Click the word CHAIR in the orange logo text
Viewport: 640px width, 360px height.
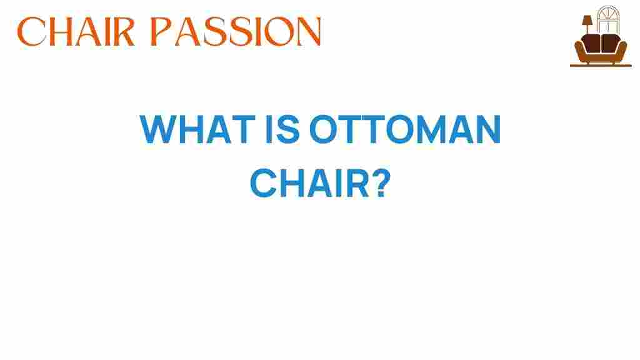[76, 31]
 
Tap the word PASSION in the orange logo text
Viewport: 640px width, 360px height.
[236, 31]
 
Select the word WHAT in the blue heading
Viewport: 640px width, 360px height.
[197, 129]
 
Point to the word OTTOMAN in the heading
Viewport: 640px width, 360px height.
[405, 129]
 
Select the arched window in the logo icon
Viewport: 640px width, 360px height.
[608, 20]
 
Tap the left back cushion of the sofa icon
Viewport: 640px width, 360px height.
[591, 43]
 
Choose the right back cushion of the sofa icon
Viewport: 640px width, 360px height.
[611, 43]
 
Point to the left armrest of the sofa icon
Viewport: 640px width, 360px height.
[580, 51]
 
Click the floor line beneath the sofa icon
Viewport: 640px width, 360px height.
[601, 65]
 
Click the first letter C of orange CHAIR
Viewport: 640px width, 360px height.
[30, 31]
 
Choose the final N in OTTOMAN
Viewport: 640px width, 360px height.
[488, 129]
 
